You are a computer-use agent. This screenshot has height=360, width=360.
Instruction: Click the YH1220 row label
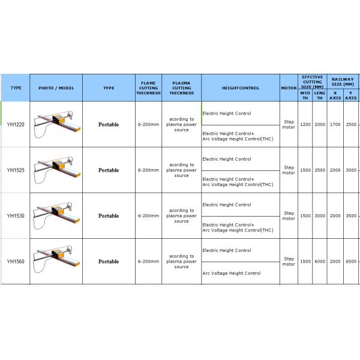pos(16,125)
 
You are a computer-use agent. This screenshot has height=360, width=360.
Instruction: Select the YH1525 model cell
pos(16,170)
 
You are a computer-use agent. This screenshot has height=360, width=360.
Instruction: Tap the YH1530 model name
pos(16,216)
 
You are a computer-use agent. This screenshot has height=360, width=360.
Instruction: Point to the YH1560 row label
pos(16,262)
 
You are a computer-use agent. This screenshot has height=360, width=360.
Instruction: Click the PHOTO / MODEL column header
pos(56,88)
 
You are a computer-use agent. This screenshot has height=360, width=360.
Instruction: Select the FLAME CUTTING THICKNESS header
pos(148,88)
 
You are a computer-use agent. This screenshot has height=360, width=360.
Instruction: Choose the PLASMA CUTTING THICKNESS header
pos(181,88)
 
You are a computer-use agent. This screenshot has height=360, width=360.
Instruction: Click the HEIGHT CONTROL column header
pos(240,88)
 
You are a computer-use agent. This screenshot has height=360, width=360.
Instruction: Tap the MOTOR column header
pos(289,88)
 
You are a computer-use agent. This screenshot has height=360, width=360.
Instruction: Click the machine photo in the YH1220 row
pos(56,124)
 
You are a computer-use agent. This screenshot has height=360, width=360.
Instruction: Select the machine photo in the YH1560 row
pos(56,260)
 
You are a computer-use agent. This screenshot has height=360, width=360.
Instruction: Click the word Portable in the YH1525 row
pos(109,170)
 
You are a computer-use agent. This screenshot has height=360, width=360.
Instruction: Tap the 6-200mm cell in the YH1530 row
pos(148,216)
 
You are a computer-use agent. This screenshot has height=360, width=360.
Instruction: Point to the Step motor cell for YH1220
pos(289,124)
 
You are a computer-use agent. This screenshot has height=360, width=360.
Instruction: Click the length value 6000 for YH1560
pos(320,262)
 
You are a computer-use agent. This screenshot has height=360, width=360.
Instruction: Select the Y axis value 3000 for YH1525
pos(351,170)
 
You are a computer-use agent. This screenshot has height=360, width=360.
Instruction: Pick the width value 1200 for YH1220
pos(305,125)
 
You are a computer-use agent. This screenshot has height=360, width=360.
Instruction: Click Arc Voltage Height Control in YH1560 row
pos(232,273)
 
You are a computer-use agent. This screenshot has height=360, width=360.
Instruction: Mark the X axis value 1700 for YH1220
pos(335,125)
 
